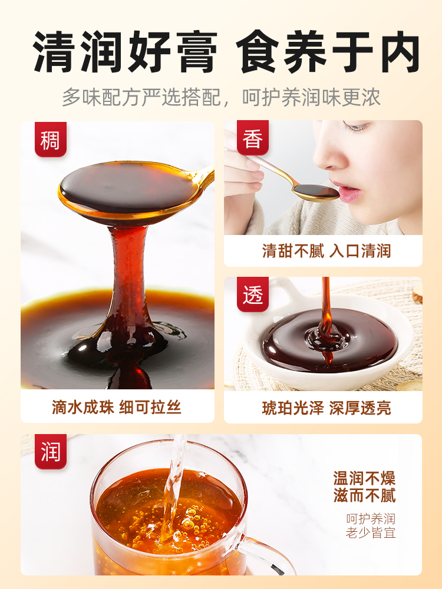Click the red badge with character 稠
(x=50, y=140)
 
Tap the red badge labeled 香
(x=253, y=138)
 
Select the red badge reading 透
(x=253, y=294)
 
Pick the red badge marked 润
(x=50, y=452)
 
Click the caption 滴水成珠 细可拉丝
(x=117, y=407)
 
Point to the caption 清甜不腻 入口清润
(x=326, y=251)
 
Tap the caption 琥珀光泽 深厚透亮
(x=326, y=408)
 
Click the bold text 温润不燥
(x=365, y=478)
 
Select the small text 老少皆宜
(x=371, y=532)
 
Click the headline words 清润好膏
(x=126, y=51)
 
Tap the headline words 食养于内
(x=328, y=51)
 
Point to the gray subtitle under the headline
(x=221, y=97)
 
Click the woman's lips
(x=349, y=193)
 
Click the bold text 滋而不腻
(x=365, y=495)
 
